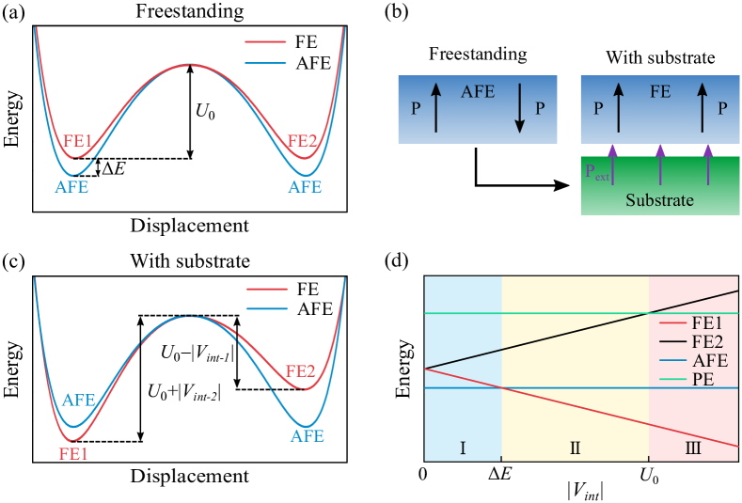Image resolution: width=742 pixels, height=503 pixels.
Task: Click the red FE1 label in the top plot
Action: coord(78,143)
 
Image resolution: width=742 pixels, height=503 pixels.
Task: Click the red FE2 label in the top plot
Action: coord(302,142)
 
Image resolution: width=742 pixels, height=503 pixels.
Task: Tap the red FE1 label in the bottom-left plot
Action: coord(74,452)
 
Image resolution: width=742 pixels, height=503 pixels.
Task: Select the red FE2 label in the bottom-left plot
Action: coord(300,371)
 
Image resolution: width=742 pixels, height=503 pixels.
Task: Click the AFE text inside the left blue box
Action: coord(478,92)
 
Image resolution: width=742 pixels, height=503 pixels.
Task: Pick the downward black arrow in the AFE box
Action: coord(518,109)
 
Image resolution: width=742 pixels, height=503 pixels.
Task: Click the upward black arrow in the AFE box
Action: coord(435,109)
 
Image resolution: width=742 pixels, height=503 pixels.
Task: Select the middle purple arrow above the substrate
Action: coord(660,162)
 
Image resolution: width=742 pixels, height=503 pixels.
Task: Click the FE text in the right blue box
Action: coord(660,92)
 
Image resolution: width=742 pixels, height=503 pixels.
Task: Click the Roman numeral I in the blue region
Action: coord(463,448)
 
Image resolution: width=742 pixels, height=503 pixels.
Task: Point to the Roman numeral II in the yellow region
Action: coord(576,448)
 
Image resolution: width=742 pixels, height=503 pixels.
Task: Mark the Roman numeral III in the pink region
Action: coord(693,448)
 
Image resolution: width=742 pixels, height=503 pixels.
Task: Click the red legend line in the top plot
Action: coord(265,42)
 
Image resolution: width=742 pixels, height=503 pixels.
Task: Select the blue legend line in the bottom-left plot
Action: coord(267,309)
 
